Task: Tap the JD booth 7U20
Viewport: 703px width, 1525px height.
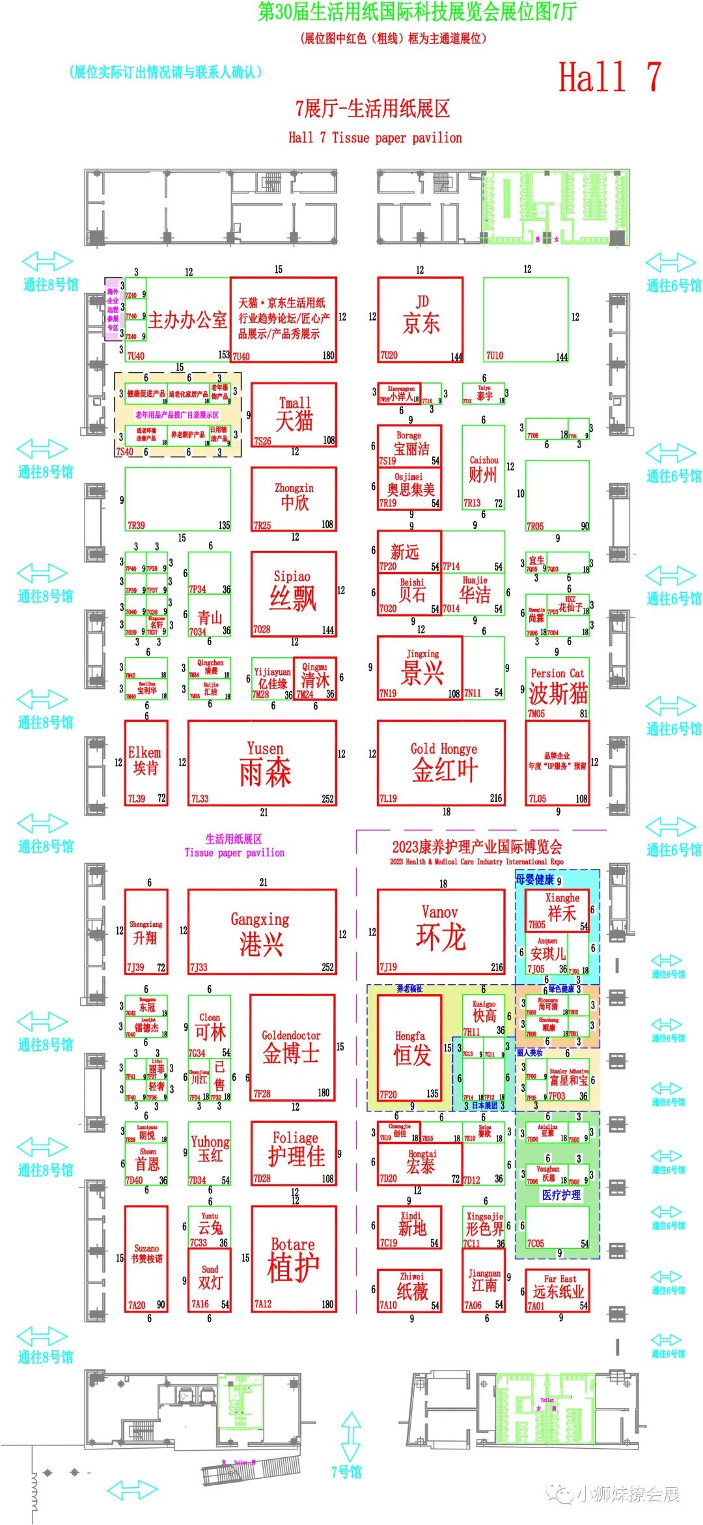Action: point(420,319)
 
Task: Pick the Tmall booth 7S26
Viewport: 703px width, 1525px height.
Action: point(294,415)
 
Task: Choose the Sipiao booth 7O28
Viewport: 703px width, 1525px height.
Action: point(294,593)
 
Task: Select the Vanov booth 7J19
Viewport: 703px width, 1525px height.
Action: point(441,932)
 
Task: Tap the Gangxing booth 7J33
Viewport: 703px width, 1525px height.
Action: point(262,932)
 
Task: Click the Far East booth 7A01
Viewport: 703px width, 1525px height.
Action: point(557,1290)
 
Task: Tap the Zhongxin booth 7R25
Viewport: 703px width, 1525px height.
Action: point(294,499)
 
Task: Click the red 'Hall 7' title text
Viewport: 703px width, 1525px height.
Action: point(610,77)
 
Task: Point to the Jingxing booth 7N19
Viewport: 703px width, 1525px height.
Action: point(420,668)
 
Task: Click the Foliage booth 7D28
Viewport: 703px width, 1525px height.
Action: point(294,1152)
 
